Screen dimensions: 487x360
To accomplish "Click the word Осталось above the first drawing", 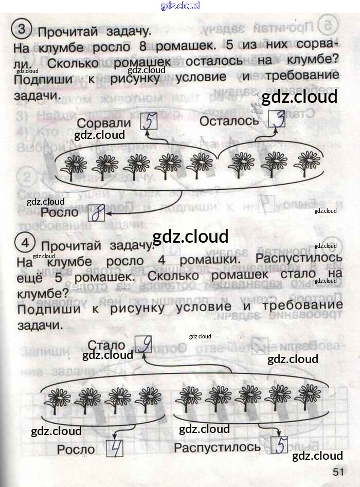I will click(x=229, y=121).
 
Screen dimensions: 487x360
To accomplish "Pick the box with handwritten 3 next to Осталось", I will click(x=277, y=119).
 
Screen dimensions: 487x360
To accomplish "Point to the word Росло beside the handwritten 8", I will click(x=60, y=212).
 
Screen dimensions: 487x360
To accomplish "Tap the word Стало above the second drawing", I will click(x=106, y=345).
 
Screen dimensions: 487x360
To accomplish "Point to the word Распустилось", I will click(x=217, y=447).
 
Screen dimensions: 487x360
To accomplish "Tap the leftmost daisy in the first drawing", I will click(x=76, y=165).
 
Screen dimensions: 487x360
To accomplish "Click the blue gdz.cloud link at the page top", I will click(x=180, y=6).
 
